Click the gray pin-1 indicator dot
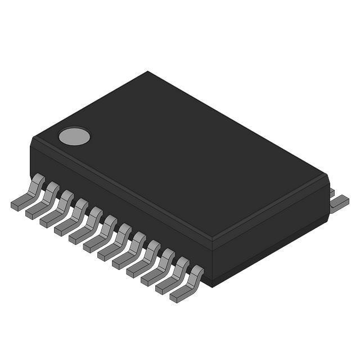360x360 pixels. click(74, 136)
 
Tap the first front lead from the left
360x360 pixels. click(28, 194)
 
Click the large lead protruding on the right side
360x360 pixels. click(339, 203)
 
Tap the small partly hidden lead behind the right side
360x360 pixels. click(332, 192)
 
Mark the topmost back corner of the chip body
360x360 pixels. click(148, 71)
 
